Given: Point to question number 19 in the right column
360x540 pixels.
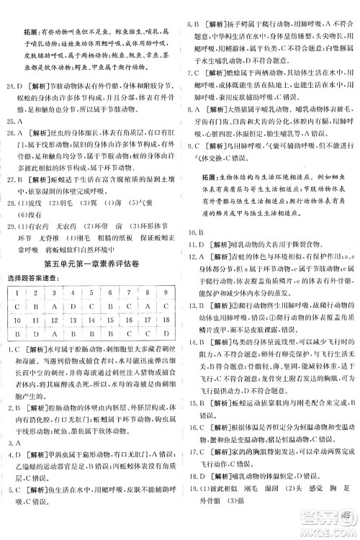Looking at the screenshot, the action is click(x=194, y=495).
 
